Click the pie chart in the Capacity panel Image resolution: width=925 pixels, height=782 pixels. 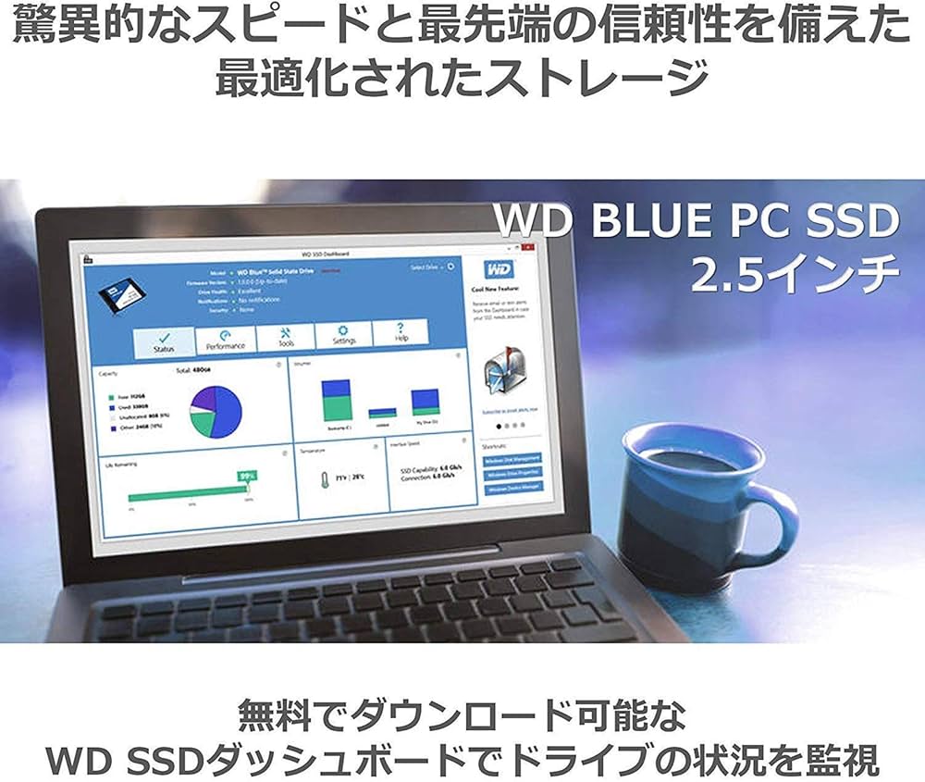(x=216, y=412)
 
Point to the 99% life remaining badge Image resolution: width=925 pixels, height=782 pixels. (x=247, y=476)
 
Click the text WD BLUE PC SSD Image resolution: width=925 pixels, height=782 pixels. (x=697, y=221)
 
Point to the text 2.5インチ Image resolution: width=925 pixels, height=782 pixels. (x=795, y=274)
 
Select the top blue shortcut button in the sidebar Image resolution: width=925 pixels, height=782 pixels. (x=512, y=457)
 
